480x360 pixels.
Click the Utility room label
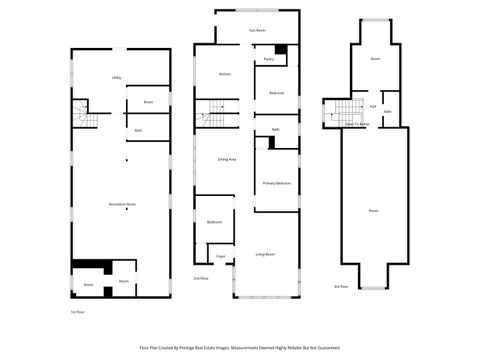point(117,76)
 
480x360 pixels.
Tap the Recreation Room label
point(123,204)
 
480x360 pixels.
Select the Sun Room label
point(257,31)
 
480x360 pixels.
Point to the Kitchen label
point(226,74)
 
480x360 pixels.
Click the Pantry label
point(269,60)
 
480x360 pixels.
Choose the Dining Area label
point(226,159)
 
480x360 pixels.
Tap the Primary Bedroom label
point(277,184)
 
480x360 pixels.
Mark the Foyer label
point(219,257)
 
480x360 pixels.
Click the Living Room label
point(264,254)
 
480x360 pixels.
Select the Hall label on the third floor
point(372,106)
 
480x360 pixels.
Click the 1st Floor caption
point(76,313)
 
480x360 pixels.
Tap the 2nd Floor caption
point(200,278)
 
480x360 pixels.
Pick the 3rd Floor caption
point(342,287)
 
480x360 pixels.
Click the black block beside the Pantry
point(281,51)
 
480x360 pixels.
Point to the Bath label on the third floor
point(387,111)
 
